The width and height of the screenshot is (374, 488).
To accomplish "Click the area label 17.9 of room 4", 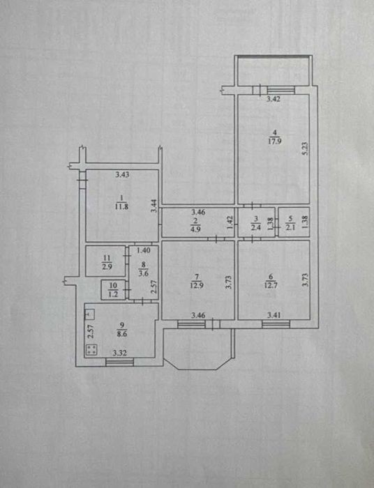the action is pyautogui.click(x=275, y=141).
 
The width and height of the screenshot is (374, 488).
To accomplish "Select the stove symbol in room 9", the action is pyautogui.click(x=91, y=349).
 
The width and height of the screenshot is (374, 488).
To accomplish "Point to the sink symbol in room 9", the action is pyautogui.click(x=89, y=314).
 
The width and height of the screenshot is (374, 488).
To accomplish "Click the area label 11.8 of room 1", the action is pyautogui.click(x=121, y=206).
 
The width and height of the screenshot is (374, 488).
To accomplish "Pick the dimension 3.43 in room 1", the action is pyautogui.click(x=122, y=174).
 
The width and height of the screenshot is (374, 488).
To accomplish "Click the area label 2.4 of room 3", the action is pyautogui.click(x=256, y=227).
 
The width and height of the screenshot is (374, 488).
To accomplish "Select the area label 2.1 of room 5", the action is pyautogui.click(x=290, y=227).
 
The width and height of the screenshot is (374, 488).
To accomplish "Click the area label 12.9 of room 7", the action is pyautogui.click(x=197, y=284).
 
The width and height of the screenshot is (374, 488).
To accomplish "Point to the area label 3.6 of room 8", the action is pyautogui.click(x=143, y=274).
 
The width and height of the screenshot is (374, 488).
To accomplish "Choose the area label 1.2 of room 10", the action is pyautogui.click(x=113, y=293).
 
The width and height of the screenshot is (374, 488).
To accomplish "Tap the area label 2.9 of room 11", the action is pyautogui.click(x=107, y=266).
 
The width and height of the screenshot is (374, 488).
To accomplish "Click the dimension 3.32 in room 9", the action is pyautogui.click(x=119, y=353).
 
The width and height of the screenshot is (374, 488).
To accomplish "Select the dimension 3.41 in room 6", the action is pyautogui.click(x=274, y=315).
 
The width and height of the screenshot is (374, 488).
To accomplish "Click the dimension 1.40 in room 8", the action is pyautogui.click(x=144, y=250).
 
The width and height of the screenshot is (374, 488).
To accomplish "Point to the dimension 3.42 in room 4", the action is pyautogui.click(x=274, y=99).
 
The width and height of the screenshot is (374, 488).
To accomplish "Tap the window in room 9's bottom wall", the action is pyautogui.click(x=119, y=362).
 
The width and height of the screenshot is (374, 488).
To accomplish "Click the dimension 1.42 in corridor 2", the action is pyautogui.click(x=230, y=222).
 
